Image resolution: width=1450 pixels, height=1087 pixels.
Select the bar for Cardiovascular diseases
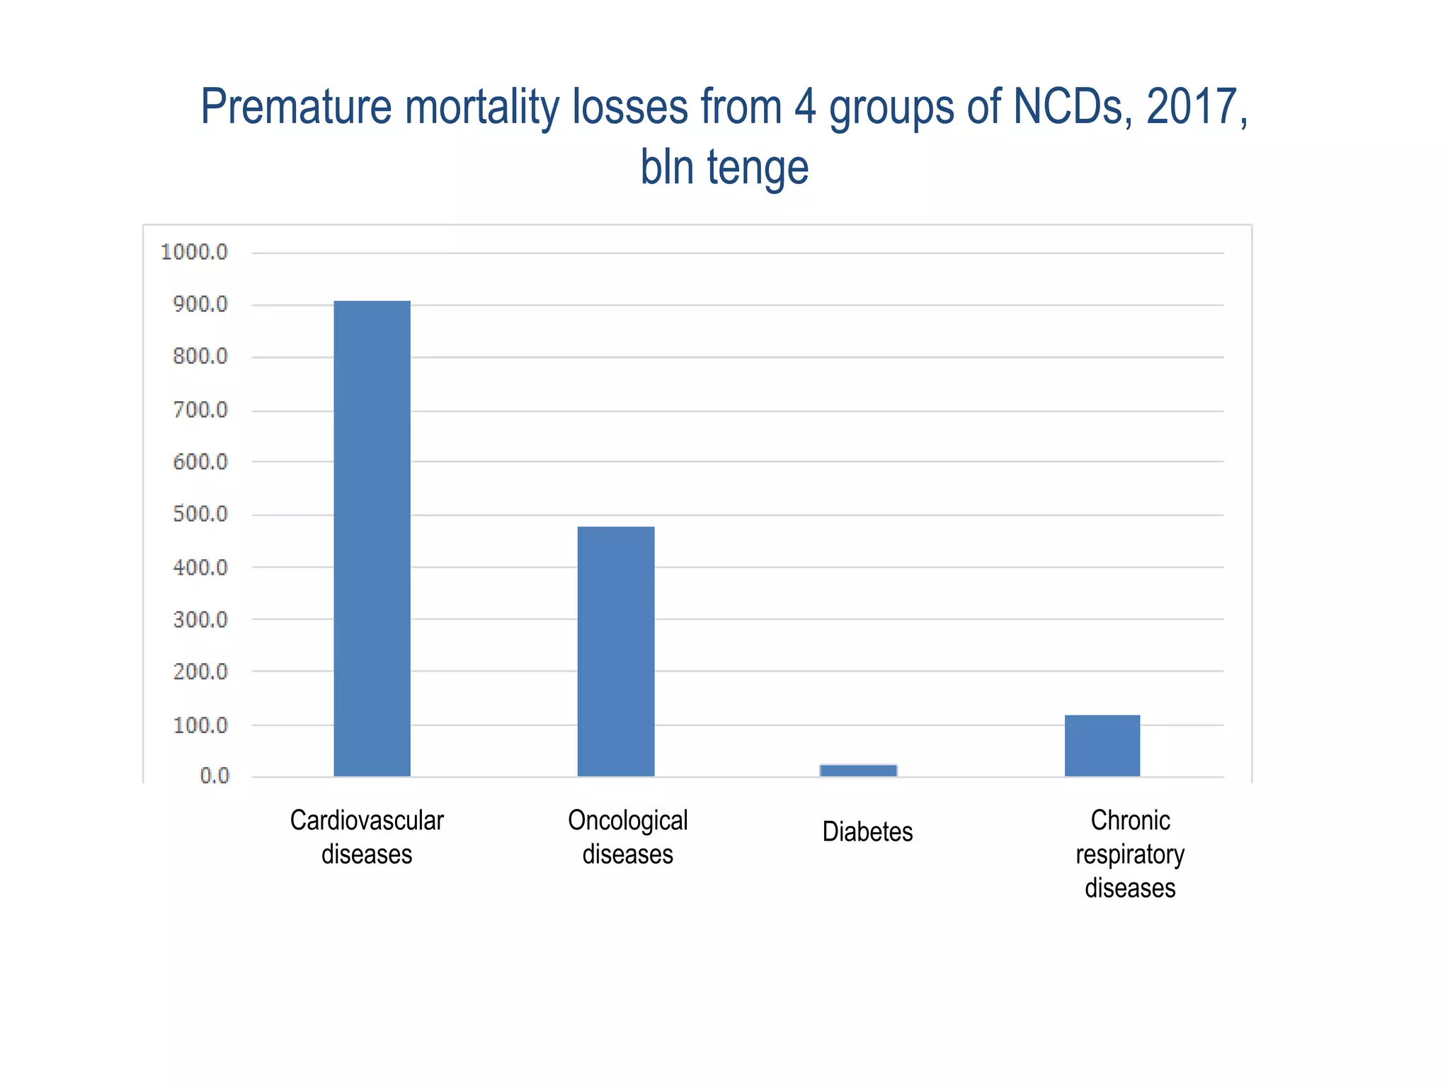[372, 538]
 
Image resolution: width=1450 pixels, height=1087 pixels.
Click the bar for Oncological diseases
[615, 651]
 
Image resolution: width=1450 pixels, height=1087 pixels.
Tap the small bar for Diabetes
[858, 771]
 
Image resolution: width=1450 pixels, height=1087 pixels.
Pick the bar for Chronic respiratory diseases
[1102, 746]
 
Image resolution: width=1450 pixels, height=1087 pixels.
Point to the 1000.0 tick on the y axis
[194, 252]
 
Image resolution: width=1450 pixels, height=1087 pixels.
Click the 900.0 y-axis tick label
[200, 304]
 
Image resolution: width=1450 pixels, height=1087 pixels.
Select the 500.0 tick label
[200, 514]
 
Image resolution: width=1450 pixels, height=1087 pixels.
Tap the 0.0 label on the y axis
[214, 776]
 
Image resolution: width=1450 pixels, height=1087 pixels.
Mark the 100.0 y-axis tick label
[200, 725]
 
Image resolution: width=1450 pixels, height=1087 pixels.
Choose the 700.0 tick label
[200, 410]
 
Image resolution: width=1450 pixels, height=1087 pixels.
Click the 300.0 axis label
[200, 619]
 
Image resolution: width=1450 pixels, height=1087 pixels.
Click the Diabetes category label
[867, 832]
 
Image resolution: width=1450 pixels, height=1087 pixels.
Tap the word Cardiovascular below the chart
[367, 820]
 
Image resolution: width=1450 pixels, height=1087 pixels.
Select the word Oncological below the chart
[627, 820]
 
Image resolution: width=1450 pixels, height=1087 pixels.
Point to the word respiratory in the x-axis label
[1129, 855]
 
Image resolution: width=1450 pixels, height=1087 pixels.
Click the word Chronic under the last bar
[1130, 820]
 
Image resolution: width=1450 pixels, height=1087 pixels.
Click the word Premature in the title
[296, 107]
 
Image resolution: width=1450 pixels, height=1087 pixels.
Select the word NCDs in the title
[1073, 107]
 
